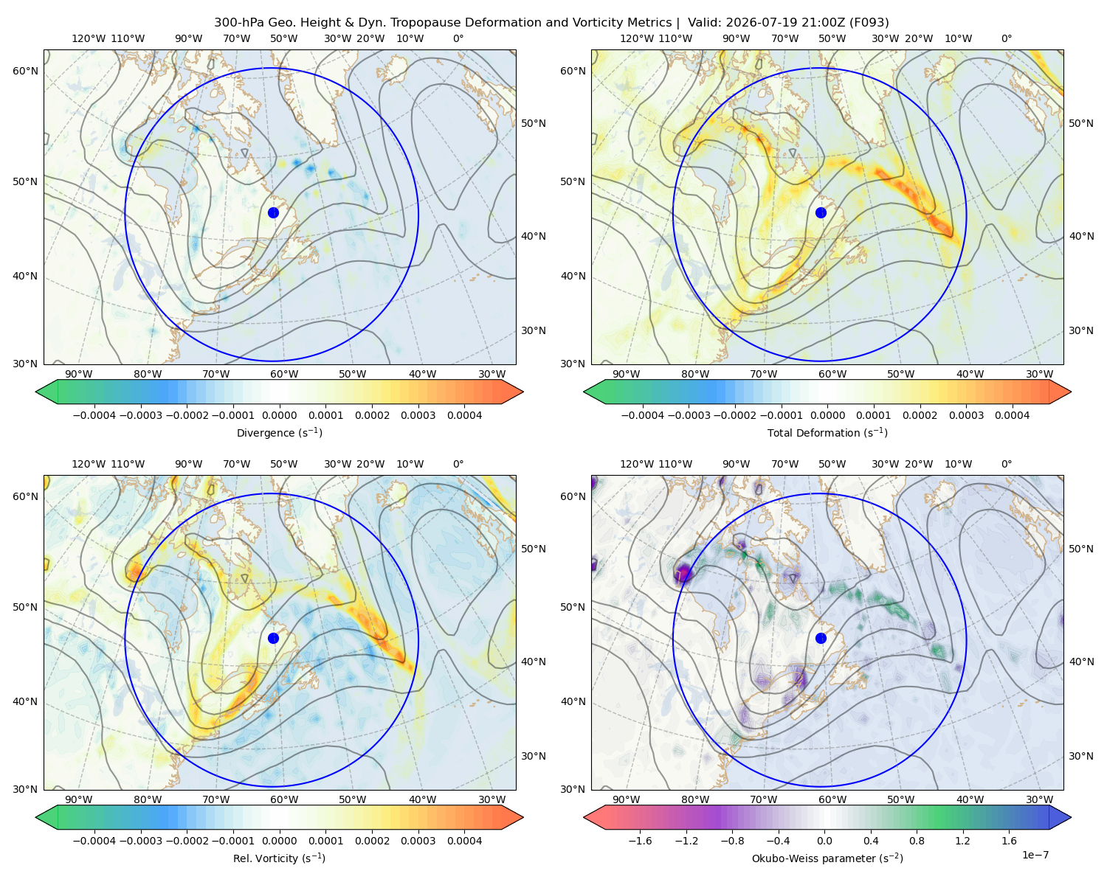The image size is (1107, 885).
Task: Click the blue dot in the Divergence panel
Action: pyautogui.click(x=273, y=213)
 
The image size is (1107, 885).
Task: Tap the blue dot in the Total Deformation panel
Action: pyautogui.click(x=821, y=213)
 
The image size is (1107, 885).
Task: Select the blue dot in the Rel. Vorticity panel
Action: pyautogui.click(x=273, y=638)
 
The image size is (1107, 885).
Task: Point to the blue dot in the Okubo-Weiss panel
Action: pyautogui.click(x=821, y=638)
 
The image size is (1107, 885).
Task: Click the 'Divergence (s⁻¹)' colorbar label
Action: pyautogui.click(x=279, y=432)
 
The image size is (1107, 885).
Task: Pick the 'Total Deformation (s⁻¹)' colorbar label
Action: pyautogui.click(x=827, y=432)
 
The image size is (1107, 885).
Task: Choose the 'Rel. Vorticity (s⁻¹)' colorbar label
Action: pyautogui.click(x=279, y=858)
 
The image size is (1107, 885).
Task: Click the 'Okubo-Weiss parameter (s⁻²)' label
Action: pyautogui.click(x=827, y=858)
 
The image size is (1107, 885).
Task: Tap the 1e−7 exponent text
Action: pyautogui.click(x=1035, y=855)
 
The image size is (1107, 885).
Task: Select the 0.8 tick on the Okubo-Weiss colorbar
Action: pyautogui.click(x=917, y=841)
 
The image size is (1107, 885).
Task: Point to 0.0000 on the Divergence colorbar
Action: pyautogui.click(x=279, y=415)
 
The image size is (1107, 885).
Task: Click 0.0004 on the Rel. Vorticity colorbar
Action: pyautogui.click(x=464, y=841)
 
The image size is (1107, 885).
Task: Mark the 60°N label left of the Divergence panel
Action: pyautogui.click(x=25, y=71)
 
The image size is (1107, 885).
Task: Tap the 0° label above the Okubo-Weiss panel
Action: pyautogui.click(x=1006, y=464)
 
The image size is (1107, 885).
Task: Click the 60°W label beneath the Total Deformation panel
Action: pyautogui.click(x=832, y=374)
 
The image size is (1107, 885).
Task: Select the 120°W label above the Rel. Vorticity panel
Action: pyautogui.click(x=89, y=464)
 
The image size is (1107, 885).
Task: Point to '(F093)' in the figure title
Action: pyautogui.click(x=869, y=23)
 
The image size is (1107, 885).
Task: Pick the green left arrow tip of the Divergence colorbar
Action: pyautogui.click(x=36, y=392)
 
